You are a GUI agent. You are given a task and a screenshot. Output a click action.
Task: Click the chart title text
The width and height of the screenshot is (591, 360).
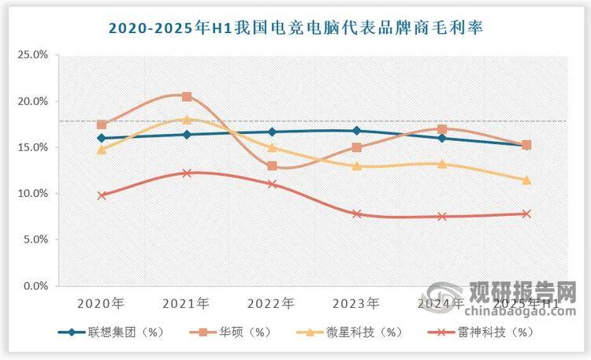[x=295, y=28]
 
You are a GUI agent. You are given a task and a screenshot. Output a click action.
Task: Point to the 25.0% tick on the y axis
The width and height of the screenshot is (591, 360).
[x=33, y=55]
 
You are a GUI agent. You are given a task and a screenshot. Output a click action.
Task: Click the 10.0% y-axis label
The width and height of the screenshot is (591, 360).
[x=33, y=194]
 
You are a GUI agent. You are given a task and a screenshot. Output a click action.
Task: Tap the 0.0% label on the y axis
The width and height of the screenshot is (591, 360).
[x=35, y=287]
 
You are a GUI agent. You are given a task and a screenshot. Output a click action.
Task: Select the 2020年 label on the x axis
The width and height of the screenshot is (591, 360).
[x=101, y=302]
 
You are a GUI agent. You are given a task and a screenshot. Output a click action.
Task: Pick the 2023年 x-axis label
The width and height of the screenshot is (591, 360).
[x=356, y=302]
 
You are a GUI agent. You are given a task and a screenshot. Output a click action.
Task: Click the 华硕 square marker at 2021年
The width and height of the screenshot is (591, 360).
[x=187, y=97]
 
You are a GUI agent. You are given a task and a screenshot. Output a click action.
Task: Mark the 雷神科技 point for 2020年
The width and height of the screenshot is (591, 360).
[x=102, y=195]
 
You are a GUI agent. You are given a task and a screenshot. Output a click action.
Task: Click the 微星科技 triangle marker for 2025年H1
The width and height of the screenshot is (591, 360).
[x=526, y=180]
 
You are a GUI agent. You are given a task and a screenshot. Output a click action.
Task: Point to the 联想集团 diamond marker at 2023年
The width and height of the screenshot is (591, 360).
[x=357, y=131]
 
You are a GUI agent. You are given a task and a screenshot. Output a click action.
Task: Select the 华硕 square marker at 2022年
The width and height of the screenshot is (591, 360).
[x=272, y=166]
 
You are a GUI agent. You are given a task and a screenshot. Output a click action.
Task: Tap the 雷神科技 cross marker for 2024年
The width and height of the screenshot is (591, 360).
[x=442, y=217]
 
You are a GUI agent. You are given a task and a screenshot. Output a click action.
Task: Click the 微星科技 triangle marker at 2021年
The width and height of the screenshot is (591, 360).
[x=187, y=119]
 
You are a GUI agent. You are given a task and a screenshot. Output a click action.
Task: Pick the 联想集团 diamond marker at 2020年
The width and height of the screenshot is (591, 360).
[x=102, y=138]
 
